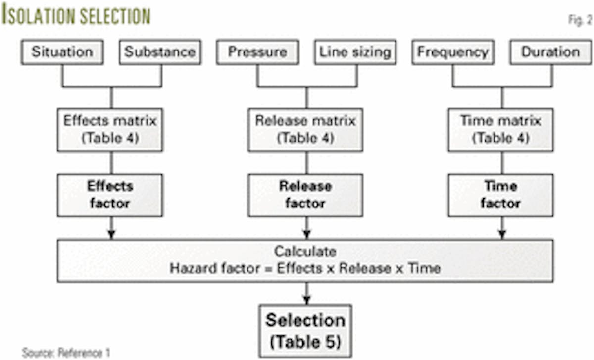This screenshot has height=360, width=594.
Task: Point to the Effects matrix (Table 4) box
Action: (x=110, y=130)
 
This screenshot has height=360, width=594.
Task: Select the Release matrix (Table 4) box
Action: (x=305, y=130)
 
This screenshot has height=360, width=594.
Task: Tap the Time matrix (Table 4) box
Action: (x=500, y=130)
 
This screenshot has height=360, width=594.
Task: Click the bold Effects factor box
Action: (x=110, y=195)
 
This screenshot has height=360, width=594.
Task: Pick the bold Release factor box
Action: (x=305, y=195)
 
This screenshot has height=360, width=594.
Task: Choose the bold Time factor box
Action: (x=500, y=195)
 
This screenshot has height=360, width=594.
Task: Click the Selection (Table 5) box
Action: (x=305, y=330)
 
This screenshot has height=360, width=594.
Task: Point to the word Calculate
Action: (x=305, y=252)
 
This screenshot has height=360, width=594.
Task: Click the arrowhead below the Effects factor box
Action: (x=111, y=234)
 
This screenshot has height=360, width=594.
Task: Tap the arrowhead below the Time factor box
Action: (x=501, y=234)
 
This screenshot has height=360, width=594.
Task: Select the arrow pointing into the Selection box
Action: (x=306, y=299)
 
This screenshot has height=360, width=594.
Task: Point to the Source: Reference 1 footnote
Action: (x=66, y=353)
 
